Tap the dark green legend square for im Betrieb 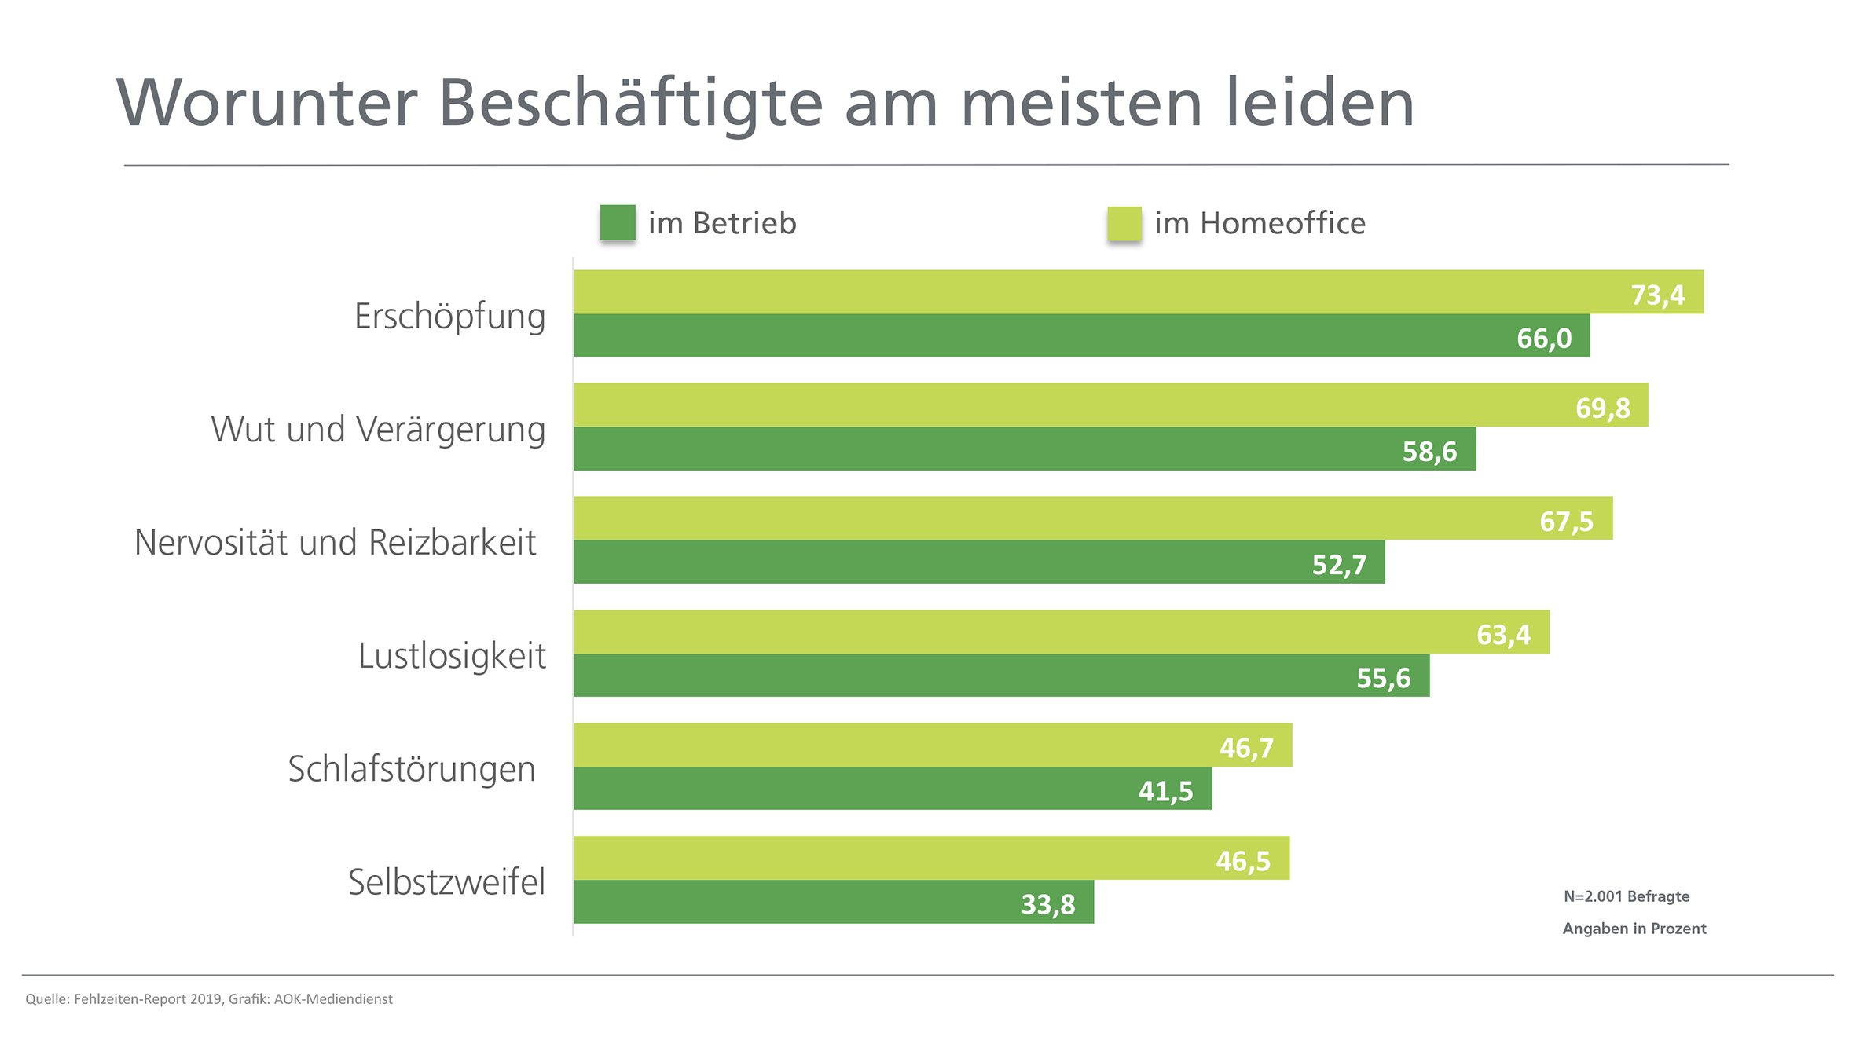click(x=618, y=222)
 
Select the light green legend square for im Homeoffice click(x=1124, y=223)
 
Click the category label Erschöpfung click(x=449, y=316)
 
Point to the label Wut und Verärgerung click(x=378, y=430)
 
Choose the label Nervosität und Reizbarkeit click(x=336, y=543)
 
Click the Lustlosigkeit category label click(x=452, y=656)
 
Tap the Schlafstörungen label click(x=412, y=769)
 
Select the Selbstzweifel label click(x=446, y=882)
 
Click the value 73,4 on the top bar click(x=1657, y=295)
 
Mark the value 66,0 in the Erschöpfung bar click(x=1543, y=339)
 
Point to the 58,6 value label click(x=1429, y=452)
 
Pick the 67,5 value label click(x=1566, y=522)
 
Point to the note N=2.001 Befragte click(x=1626, y=896)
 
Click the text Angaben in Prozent click(x=1634, y=929)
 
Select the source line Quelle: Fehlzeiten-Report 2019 click(x=208, y=999)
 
